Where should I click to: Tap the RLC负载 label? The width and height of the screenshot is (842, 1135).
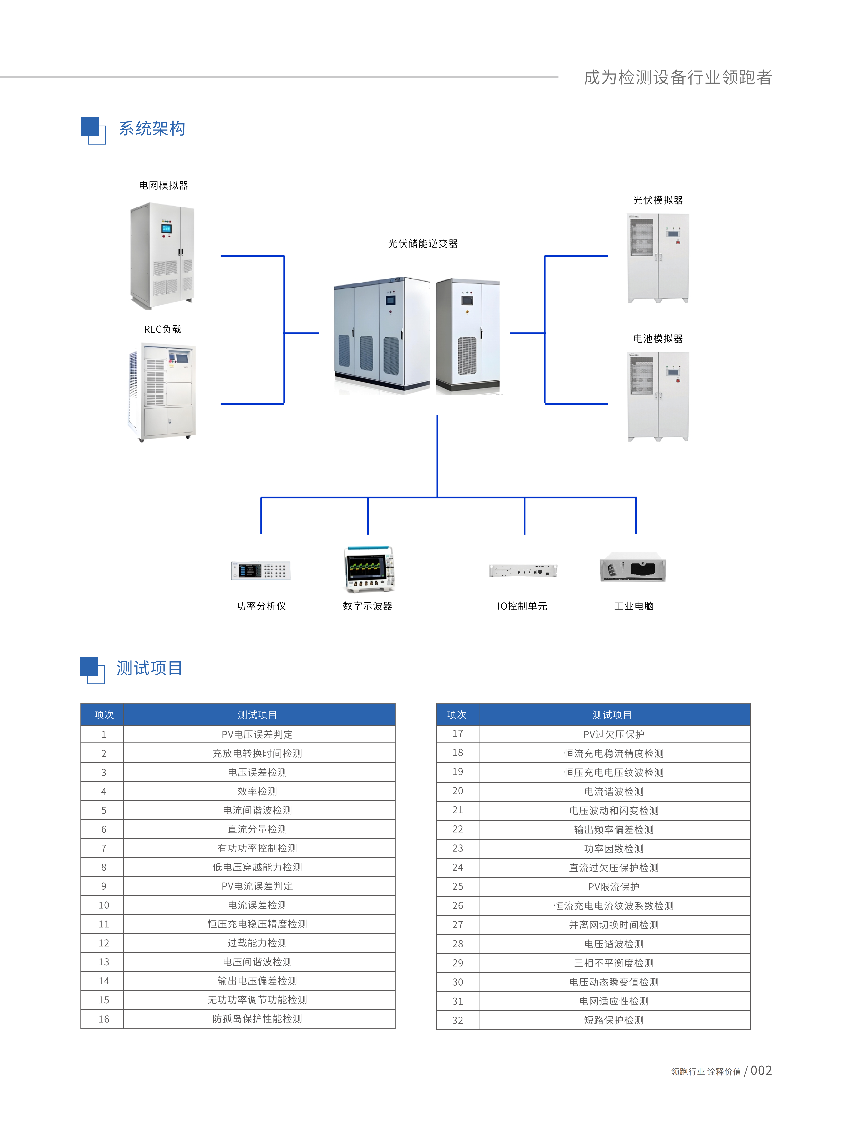163,329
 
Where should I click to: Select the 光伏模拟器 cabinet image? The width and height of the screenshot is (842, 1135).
658,258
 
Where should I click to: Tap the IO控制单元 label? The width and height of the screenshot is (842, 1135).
522,606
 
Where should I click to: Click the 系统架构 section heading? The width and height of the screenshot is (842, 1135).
152,128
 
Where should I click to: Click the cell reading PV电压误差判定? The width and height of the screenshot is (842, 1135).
257,734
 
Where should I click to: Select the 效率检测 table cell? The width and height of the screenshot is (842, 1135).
257,791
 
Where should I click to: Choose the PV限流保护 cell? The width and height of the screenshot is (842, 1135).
614,887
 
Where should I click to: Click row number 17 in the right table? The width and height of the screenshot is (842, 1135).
458,734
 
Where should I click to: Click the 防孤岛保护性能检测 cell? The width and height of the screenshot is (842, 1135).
257,1019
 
